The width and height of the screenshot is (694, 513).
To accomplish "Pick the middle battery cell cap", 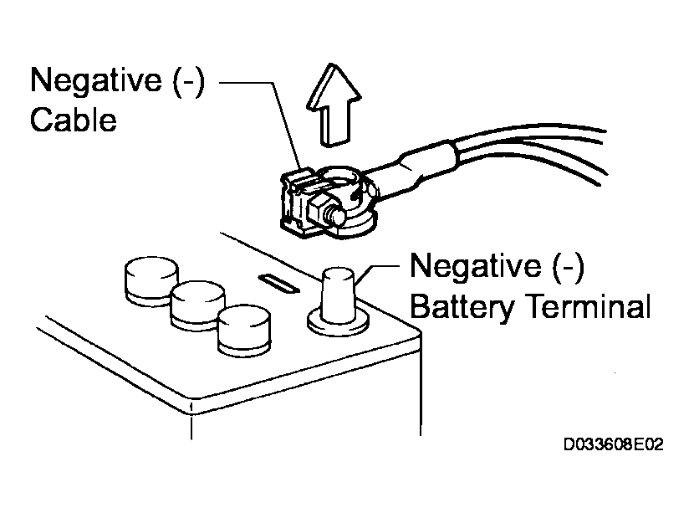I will [x=198, y=304].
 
